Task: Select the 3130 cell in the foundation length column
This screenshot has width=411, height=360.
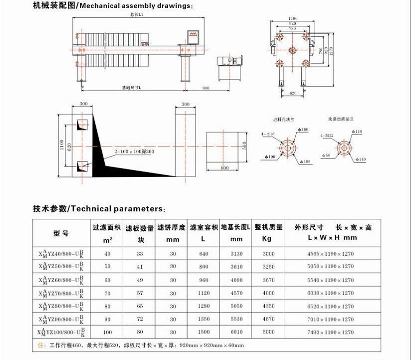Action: point(236,254)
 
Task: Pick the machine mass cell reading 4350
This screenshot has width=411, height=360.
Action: point(268,306)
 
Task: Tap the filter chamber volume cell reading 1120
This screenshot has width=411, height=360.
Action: point(203,293)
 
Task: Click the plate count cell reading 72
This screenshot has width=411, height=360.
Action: point(140,319)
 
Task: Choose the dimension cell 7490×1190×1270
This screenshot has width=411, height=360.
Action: point(330,332)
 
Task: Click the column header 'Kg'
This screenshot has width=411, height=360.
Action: point(267,238)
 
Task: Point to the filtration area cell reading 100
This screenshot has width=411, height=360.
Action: point(107,332)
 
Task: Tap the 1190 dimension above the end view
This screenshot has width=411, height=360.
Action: point(293,18)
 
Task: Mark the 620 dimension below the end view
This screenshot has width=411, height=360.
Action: point(293,93)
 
